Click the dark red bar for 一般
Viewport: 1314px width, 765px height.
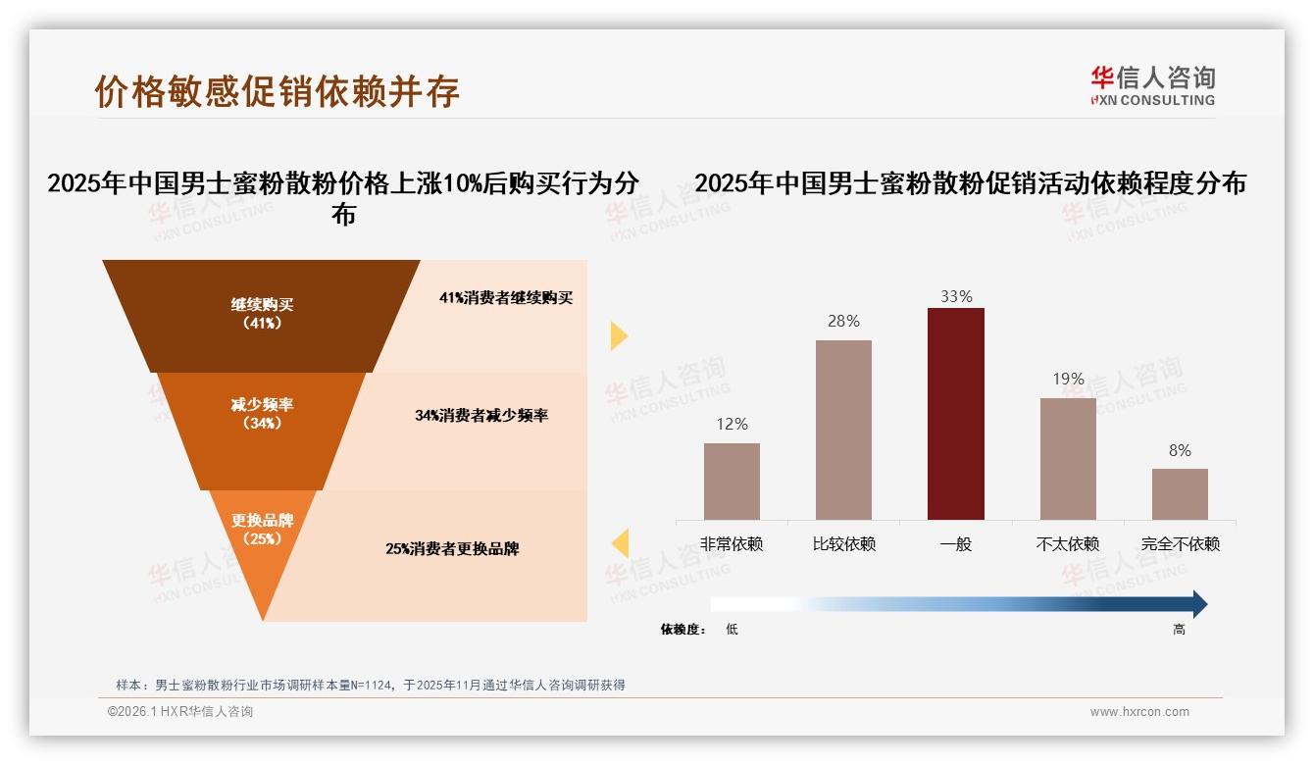tap(955, 413)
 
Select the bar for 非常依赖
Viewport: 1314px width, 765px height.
tap(732, 481)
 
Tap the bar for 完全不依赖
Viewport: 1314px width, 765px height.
tap(1180, 493)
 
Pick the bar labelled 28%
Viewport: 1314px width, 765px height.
tap(843, 430)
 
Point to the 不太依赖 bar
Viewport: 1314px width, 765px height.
tap(1068, 458)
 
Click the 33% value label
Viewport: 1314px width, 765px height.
tap(955, 296)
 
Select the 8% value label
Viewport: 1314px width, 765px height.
tap(1180, 450)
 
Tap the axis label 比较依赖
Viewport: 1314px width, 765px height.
tap(843, 543)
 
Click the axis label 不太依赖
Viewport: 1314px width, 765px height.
tap(1068, 543)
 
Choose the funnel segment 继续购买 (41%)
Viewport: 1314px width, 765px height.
tap(262, 315)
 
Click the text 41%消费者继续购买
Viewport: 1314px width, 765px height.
tap(505, 298)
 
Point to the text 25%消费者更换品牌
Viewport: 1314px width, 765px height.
tap(452, 549)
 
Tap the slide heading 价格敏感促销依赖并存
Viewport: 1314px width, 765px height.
tap(278, 91)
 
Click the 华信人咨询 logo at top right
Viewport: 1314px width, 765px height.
tap(1152, 85)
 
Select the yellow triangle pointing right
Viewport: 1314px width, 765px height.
tap(618, 335)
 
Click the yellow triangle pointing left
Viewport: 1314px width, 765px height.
tap(620, 543)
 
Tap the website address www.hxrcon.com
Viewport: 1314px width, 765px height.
tap(1138, 712)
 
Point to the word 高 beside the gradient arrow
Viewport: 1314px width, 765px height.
tap(1179, 630)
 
